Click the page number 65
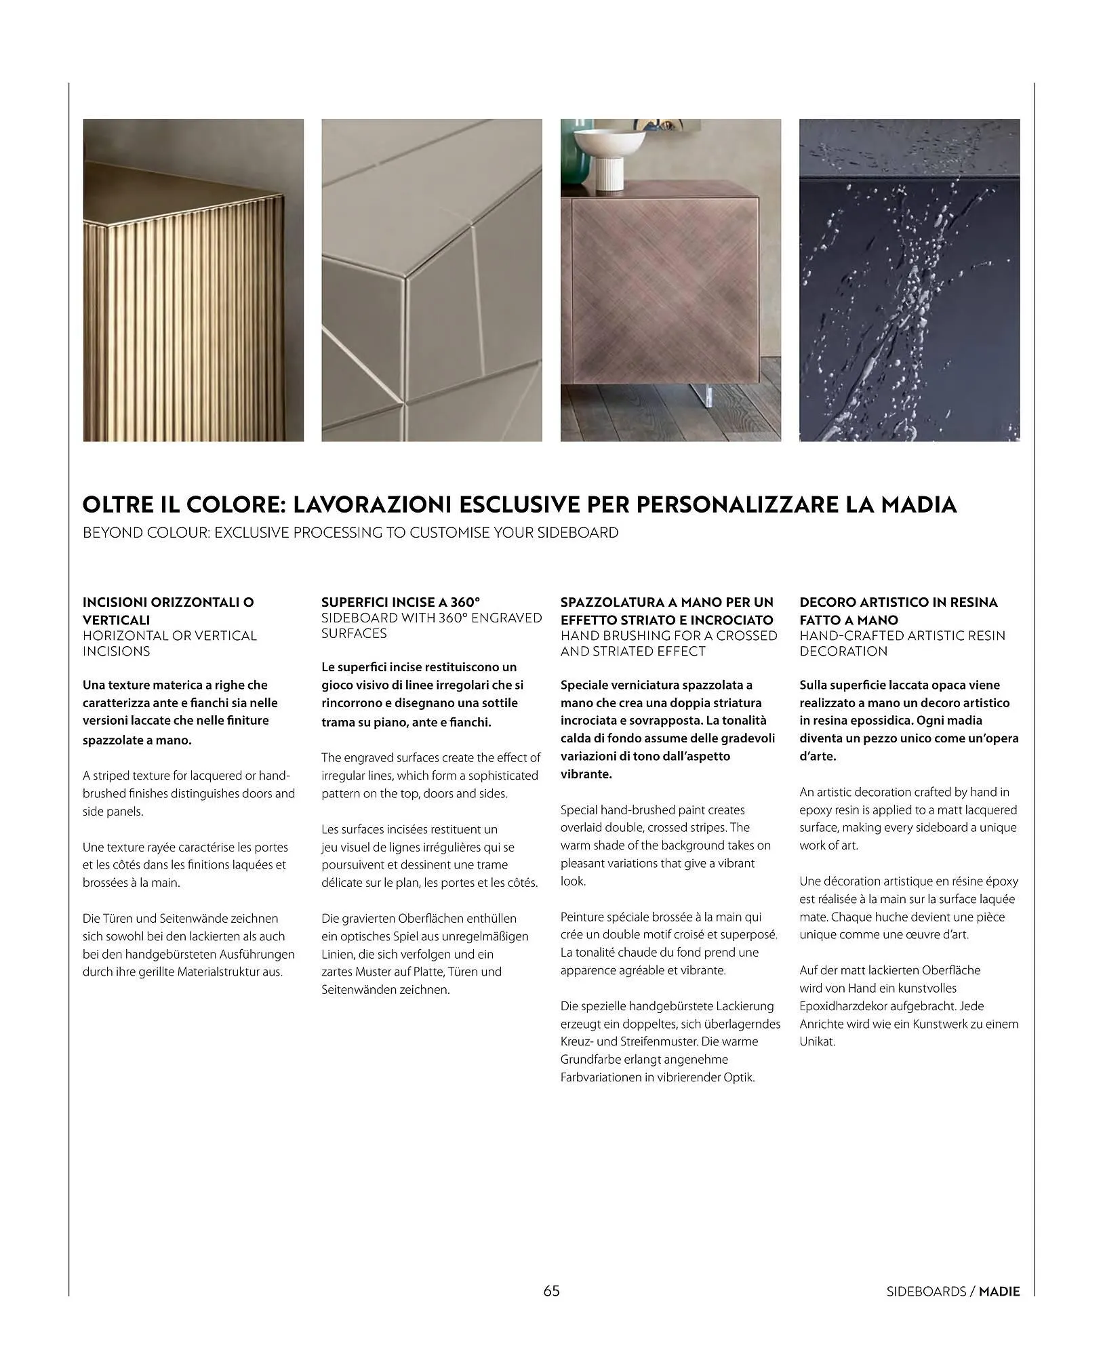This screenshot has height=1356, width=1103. pos(551,1290)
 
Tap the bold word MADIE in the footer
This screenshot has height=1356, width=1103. pos(999,1292)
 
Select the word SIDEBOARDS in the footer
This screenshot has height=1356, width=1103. pos(926,1292)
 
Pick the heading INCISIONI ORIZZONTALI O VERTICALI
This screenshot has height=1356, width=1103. pos(168,610)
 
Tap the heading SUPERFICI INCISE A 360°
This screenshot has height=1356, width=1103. pos(401,602)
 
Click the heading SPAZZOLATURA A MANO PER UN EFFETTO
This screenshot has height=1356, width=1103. pos(666,610)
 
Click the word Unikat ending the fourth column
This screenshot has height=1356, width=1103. pos(817,1041)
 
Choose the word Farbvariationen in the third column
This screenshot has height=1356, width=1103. pos(601,1077)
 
